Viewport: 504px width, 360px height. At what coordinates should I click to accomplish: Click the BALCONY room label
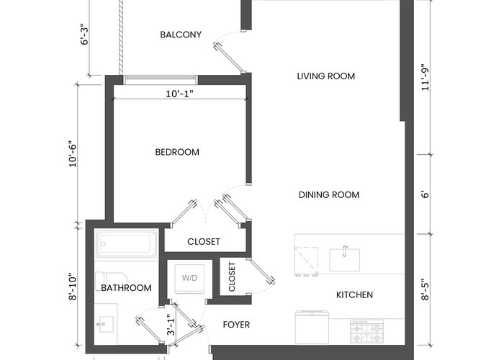(x=181, y=35)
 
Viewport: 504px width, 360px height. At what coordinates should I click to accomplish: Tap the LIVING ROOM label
(x=326, y=76)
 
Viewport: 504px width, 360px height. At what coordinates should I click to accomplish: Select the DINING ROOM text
(x=329, y=195)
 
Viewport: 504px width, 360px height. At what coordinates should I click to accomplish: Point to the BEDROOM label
(x=177, y=152)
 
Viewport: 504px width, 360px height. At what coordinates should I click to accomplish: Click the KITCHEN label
(x=354, y=294)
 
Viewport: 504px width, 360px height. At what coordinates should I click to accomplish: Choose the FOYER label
(x=236, y=325)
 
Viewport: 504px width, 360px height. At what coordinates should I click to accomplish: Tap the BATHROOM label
(x=126, y=288)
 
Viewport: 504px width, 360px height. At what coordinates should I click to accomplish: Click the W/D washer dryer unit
(x=189, y=279)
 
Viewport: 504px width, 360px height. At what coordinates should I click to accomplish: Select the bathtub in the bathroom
(x=126, y=244)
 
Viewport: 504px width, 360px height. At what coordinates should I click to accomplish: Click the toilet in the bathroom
(x=112, y=279)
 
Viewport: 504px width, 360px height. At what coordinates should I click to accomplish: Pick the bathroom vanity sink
(x=106, y=324)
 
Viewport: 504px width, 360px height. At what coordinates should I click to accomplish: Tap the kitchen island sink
(x=345, y=259)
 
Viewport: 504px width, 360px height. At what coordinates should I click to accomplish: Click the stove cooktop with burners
(x=366, y=331)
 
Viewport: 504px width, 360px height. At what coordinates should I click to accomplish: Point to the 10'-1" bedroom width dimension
(x=180, y=94)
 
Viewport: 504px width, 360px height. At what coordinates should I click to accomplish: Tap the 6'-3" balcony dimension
(x=84, y=34)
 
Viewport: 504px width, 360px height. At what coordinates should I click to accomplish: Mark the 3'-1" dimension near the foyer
(x=171, y=325)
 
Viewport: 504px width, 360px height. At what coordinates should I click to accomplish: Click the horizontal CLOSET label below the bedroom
(x=204, y=241)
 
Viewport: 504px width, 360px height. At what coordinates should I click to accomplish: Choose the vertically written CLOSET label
(x=232, y=277)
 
